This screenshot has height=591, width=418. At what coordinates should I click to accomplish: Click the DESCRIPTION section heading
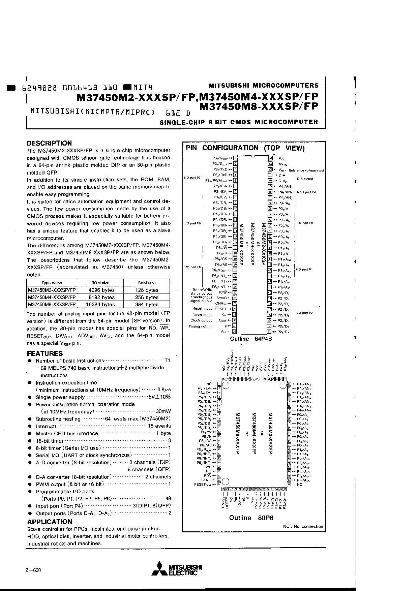[x=49, y=143]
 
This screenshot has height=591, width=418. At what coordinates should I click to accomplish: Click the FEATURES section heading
[x=45, y=353]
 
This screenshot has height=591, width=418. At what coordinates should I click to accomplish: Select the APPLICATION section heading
[x=50, y=522]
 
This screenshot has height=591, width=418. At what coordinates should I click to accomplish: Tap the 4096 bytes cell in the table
[x=101, y=290]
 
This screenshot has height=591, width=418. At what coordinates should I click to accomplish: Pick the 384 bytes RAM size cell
[x=147, y=305]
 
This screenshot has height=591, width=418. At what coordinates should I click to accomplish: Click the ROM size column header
[x=100, y=283]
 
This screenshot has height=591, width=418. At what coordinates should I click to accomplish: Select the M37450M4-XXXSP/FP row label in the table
[x=52, y=298]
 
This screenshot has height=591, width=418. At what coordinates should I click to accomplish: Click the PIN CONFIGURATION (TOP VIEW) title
[x=245, y=148]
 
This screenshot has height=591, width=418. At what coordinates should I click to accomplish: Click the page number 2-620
[x=33, y=570]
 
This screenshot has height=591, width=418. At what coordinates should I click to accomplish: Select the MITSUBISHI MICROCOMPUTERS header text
[x=263, y=85]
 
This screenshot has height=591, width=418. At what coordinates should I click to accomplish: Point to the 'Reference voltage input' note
[x=306, y=170]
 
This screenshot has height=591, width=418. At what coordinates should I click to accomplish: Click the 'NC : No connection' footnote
[x=303, y=527]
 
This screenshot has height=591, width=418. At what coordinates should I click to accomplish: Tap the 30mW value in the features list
[x=163, y=412]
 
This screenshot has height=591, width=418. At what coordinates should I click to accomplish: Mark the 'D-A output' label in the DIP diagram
[x=305, y=179]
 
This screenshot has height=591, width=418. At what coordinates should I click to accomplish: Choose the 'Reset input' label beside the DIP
[x=202, y=309]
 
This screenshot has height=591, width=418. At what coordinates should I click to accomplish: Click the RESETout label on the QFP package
[x=203, y=485]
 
